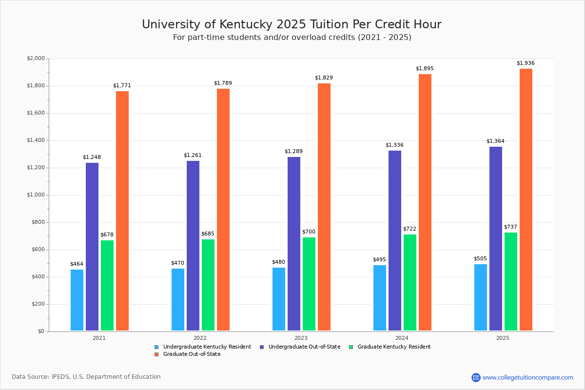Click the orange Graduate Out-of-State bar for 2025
click(526, 200)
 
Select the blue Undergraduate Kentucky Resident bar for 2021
click(77, 300)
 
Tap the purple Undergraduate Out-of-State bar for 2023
click(294, 244)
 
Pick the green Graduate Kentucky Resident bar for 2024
click(410, 283)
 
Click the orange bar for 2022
click(223, 210)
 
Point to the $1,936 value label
click(526, 63)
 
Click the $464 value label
click(77, 264)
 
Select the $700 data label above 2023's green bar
click(309, 232)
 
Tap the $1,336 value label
click(394, 145)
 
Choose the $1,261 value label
click(193, 156)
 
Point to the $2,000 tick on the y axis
click(35, 58)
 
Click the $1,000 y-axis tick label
click(35, 195)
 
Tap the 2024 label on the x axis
click(402, 338)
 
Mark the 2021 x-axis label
click(99, 338)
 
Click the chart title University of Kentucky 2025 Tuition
click(292, 25)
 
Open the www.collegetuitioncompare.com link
click(527, 377)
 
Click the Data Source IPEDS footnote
click(86, 377)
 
